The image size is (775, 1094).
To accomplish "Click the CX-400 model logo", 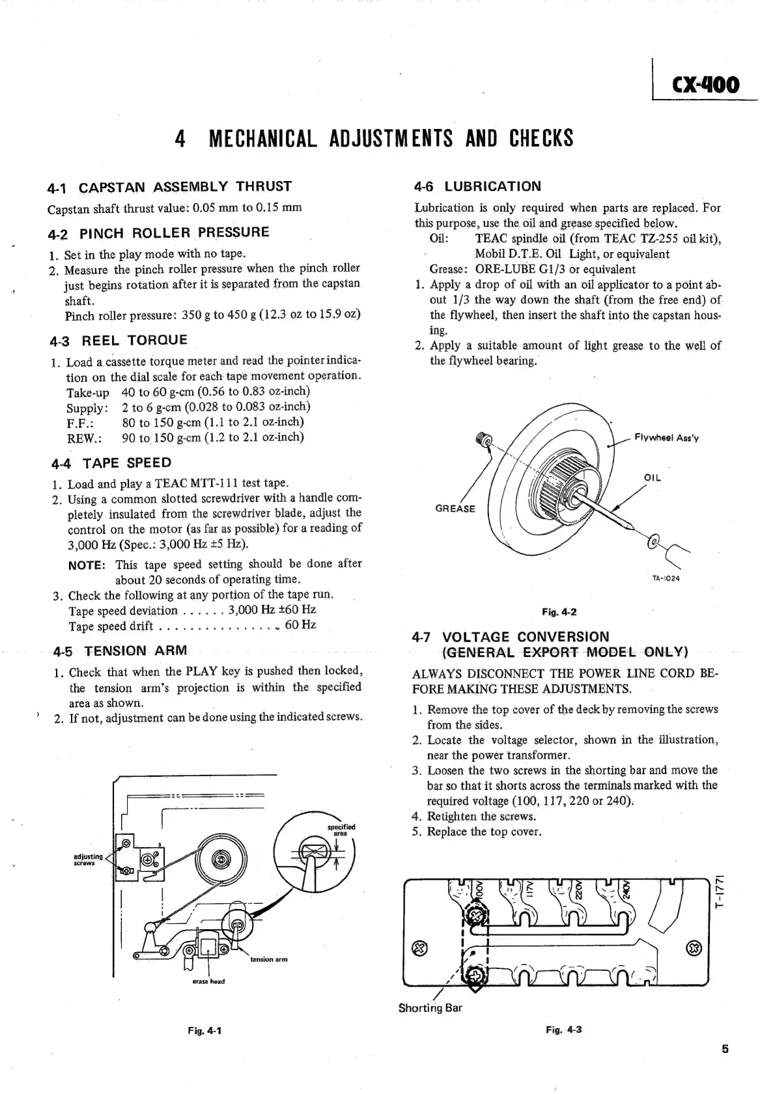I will [706, 85].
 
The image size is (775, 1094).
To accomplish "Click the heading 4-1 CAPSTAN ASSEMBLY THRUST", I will [169, 187].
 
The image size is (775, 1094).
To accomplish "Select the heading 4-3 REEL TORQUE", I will [119, 340].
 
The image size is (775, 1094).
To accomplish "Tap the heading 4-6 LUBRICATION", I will [477, 186].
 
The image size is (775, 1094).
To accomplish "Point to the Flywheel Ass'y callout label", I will [666, 438].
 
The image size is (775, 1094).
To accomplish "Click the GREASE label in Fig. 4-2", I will [456, 509].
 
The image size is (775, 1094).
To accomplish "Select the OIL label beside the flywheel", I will [653, 477].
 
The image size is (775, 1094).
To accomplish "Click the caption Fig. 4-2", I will [559, 611].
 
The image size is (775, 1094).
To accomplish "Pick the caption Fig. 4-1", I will [205, 1030].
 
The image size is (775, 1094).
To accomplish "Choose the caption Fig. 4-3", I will [564, 1030].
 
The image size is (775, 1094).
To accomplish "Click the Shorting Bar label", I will [430, 1008].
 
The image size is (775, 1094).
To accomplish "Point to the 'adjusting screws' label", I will [87, 860].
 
